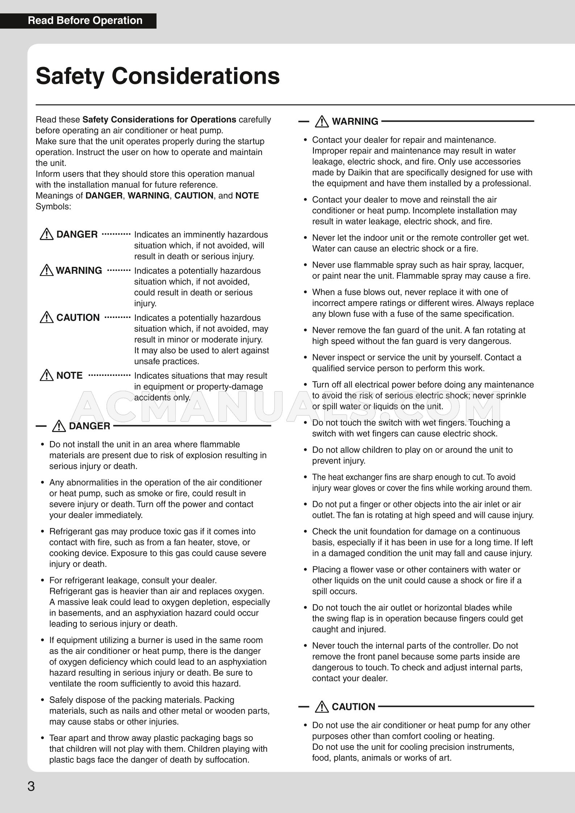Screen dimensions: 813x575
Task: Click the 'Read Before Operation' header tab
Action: [x=85, y=21]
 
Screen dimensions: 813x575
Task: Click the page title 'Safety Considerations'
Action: [x=158, y=76]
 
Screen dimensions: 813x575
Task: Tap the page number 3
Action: [x=32, y=787]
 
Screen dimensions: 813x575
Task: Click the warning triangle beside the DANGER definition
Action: [x=47, y=235]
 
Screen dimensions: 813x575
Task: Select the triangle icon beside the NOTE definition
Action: [x=47, y=376]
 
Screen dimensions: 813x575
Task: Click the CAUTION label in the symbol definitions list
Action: [x=78, y=318]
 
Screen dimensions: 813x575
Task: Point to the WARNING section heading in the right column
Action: [x=355, y=121]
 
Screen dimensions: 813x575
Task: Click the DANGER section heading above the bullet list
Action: [x=89, y=426]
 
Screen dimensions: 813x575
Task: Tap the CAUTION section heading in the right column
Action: [x=353, y=707]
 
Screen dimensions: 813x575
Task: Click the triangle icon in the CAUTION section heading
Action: [x=322, y=707]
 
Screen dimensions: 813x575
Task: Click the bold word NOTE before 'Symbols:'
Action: [x=247, y=196]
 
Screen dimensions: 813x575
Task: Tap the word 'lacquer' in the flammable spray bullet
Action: [x=510, y=265]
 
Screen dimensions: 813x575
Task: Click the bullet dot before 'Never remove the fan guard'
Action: [x=305, y=330]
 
